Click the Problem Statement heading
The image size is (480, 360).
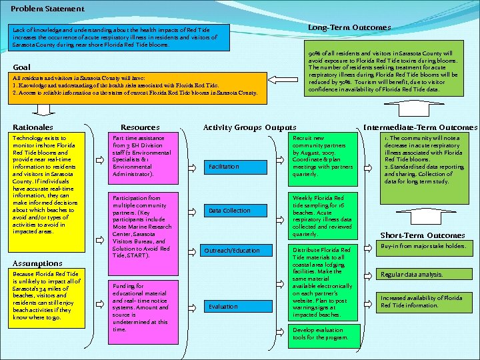(47, 9)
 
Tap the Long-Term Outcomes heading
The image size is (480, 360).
(349, 27)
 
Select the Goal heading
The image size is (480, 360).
(21, 67)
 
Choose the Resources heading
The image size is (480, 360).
(140, 127)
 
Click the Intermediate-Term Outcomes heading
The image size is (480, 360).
(420, 127)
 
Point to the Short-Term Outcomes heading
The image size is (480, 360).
(422, 235)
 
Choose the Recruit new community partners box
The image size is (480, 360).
(323, 156)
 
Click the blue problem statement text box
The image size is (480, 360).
(118, 37)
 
